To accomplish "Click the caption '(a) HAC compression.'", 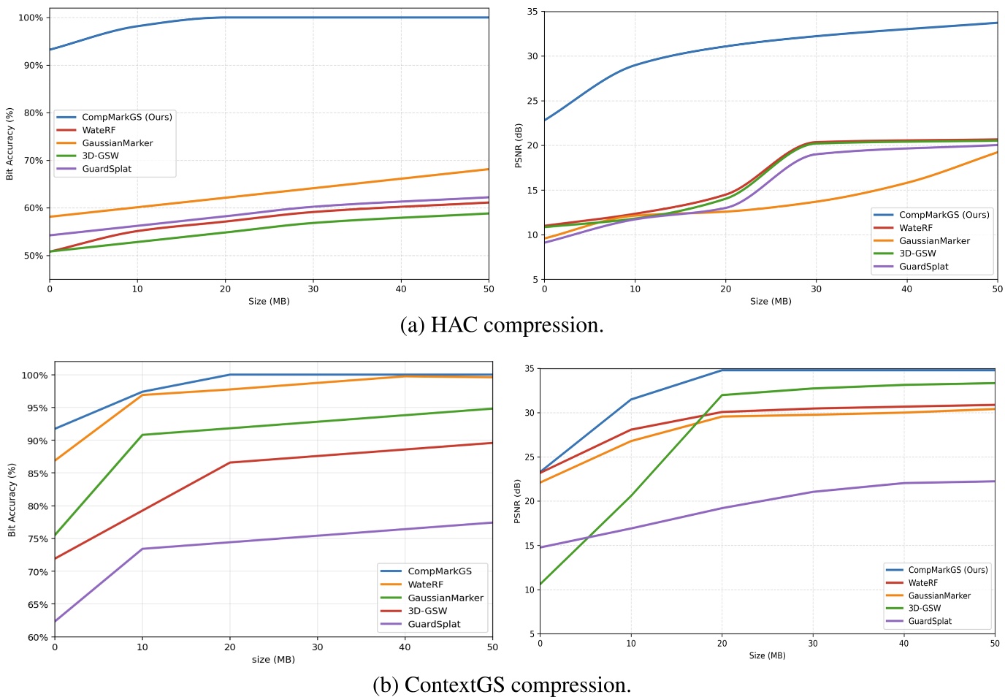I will click(x=502, y=325).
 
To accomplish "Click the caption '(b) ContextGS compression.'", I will click(x=502, y=685).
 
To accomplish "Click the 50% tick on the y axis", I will click(x=33, y=256).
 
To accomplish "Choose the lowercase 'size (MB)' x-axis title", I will click(x=273, y=660).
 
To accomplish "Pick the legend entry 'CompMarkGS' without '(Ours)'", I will click(x=439, y=571).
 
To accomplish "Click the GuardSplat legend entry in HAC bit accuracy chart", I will click(x=107, y=169).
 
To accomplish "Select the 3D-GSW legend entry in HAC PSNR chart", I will click(x=917, y=254).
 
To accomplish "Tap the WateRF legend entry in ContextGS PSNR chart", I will click(x=922, y=583).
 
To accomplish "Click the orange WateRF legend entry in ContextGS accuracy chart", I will click(x=425, y=584).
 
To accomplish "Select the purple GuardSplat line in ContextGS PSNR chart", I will click(x=767, y=499).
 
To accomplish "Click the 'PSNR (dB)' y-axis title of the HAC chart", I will click(x=519, y=145).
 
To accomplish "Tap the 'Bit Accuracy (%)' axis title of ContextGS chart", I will click(x=12, y=500).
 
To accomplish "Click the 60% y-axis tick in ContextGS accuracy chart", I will click(x=37, y=637).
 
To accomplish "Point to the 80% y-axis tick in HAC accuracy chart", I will click(x=33, y=113).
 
